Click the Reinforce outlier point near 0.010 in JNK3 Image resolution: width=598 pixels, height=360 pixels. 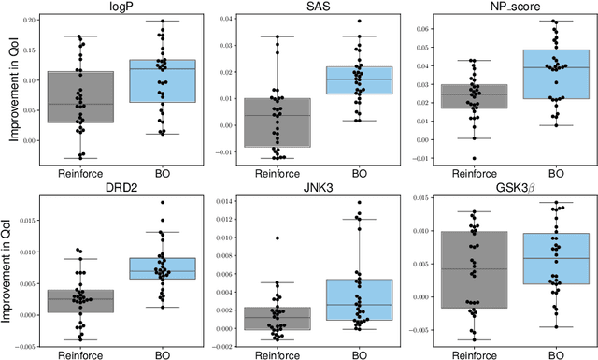click(278, 238)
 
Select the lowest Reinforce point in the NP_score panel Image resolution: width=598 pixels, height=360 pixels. click(475, 159)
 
